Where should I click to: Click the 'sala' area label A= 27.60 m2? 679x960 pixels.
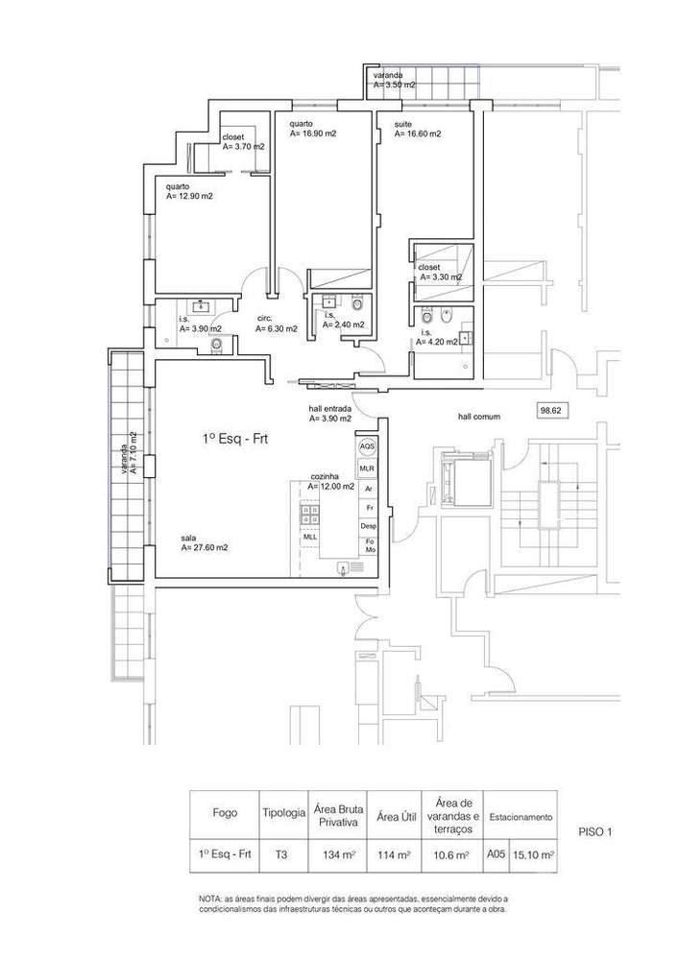[x=204, y=547]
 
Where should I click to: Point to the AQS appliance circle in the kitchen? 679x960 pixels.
[x=366, y=448]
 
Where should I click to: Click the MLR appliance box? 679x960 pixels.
[x=366, y=468]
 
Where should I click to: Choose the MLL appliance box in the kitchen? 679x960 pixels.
[x=310, y=537]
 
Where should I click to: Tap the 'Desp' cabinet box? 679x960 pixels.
[x=367, y=526]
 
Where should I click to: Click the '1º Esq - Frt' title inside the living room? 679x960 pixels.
[x=228, y=438]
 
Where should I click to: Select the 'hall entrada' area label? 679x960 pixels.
[x=329, y=419]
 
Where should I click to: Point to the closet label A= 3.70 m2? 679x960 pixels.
[x=243, y=148]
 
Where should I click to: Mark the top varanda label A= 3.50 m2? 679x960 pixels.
[x=395, y=84]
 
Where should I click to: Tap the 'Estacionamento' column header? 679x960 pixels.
[x=521, y=817]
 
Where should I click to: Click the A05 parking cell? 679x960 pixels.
[x=494, y=853]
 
